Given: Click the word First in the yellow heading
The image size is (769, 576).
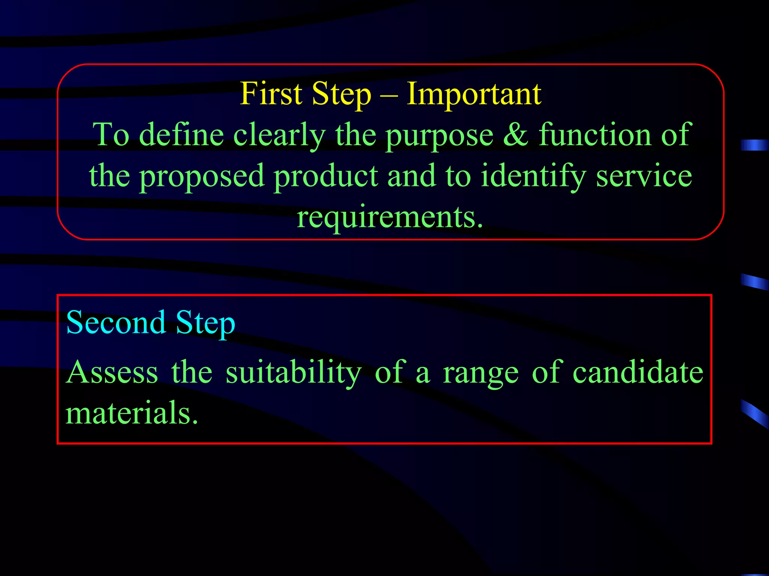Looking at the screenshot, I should click(x=271, y=94).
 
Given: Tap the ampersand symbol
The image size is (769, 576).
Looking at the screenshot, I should click(x=516, y=135).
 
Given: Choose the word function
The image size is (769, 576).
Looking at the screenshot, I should click(x=595, y=135).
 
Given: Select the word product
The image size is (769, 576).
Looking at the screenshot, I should click(x=326, y=176).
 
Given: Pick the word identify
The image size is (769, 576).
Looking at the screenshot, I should click(x=533, y=176).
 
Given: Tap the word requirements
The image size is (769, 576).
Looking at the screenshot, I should click(x=389, y=218).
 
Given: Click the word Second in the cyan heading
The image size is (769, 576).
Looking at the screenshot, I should click(x=116, y=322).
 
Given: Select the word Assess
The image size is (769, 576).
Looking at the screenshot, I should click(x=112, y=372).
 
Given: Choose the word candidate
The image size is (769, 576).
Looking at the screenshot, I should click(x=638, y=372).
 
